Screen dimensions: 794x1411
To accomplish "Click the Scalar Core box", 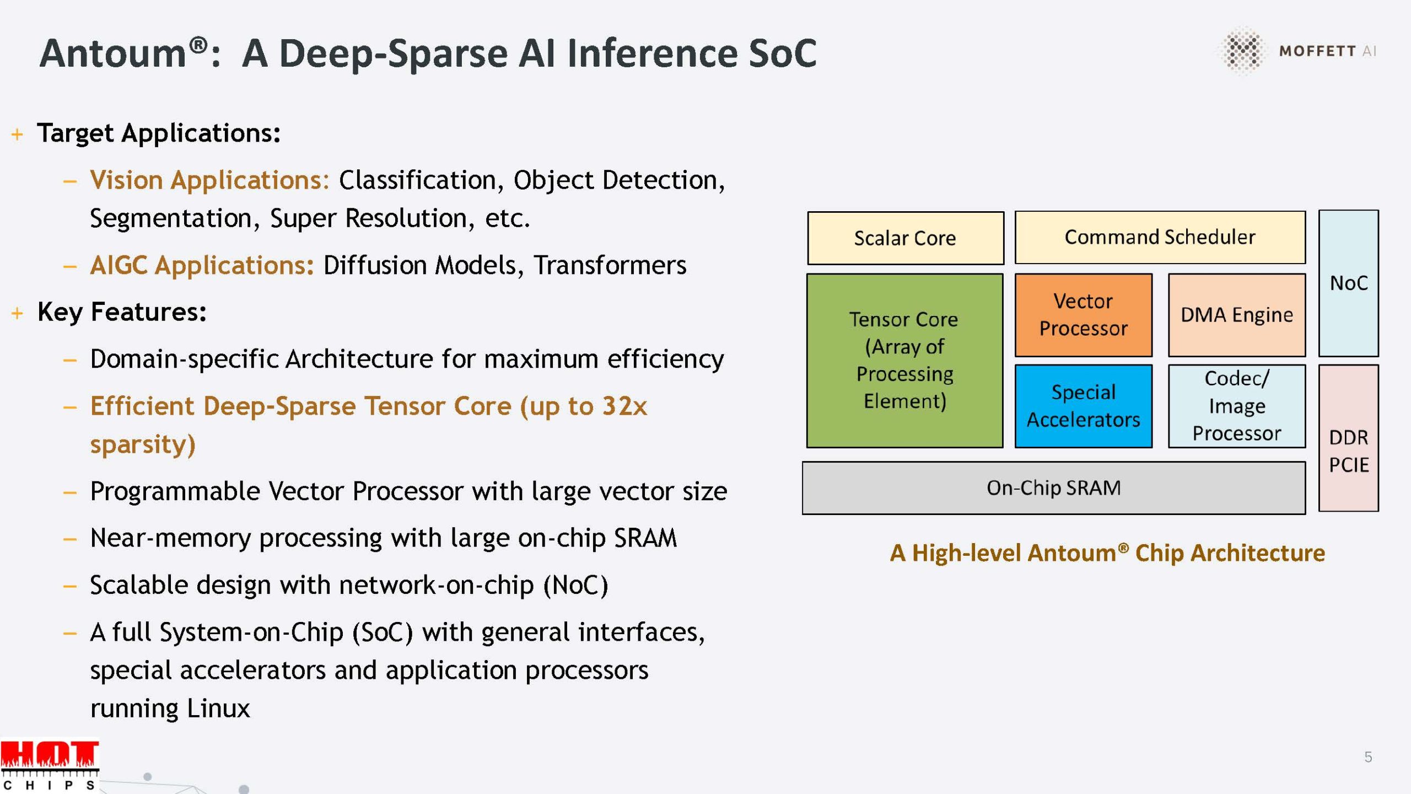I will [x=905, y=238].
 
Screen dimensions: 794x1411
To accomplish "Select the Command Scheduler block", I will [x=1160, y=237].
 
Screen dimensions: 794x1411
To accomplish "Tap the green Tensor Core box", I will [x=904, y=361].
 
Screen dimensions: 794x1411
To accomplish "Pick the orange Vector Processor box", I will [x=1083, y=315].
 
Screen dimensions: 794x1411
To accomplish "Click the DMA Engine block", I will [x=1236, y=315].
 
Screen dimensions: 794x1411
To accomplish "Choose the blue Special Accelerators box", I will [x=1083, y=406].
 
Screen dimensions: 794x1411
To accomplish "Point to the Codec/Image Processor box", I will [x=1236, y=406].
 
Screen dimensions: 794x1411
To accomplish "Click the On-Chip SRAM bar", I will [x=1053, y=488].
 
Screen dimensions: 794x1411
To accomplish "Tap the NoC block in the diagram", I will [x=1348, y=283].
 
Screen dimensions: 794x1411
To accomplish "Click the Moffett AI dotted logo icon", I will [x=1242, y=50].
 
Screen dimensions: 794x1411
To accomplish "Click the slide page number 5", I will [x=1368, y=757].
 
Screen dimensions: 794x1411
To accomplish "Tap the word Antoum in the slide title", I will [x=114, y=53].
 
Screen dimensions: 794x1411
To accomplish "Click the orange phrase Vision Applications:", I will [x=209, y=180].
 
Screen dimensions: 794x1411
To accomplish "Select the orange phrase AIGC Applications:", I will [x=202, y=265].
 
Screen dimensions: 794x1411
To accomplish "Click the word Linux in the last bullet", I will [x=218, y=709].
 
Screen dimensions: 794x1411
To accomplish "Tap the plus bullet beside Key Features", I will [x=18, y=313].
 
